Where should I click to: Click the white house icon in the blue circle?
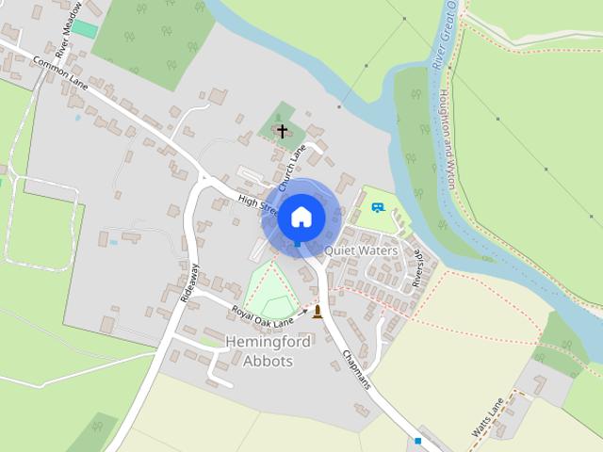pyautogui.click(x=301, y=217)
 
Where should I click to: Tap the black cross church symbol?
pyautogui.click(x=282, y=131)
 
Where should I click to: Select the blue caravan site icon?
pyautogui.click(x=378, y=206)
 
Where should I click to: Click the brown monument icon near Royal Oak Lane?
pyautogui.click(x=318, y=312)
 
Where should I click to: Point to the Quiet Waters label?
pyautogui.click(x=361, y=251)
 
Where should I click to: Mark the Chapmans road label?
pyautogui.click(x=356, y=370)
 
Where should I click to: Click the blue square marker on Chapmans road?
pyautogui.click(x=417, y=440)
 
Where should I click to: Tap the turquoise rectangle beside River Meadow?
pyautogui.click(x=85, y=29)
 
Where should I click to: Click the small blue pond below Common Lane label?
pyautogui.click(x=76, y=118)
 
